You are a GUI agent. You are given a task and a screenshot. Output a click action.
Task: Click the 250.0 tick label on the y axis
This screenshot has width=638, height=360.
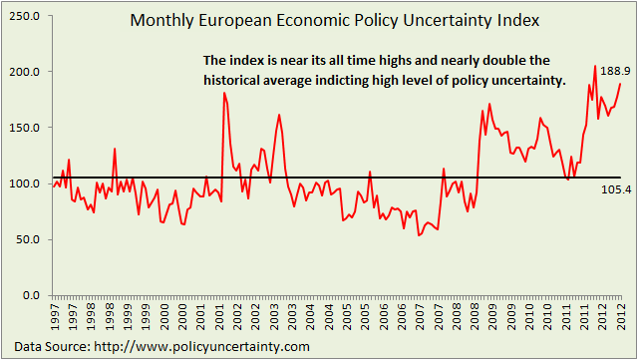tap(24, 16)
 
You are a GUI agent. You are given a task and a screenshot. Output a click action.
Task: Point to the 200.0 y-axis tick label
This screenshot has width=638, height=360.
tap(24, 72)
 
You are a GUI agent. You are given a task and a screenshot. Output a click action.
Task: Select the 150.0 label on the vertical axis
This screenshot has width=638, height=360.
tap(24, 128)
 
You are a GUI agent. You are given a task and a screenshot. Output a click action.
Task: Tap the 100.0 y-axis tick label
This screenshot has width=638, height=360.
tap(24, 183)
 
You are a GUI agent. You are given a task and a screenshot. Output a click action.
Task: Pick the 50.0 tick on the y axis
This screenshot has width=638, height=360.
tap(27, 239)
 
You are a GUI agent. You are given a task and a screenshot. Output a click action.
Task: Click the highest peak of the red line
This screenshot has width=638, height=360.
tap(595, 66)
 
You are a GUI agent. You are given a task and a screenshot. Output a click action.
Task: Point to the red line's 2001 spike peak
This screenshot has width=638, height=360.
tap(224, 93)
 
